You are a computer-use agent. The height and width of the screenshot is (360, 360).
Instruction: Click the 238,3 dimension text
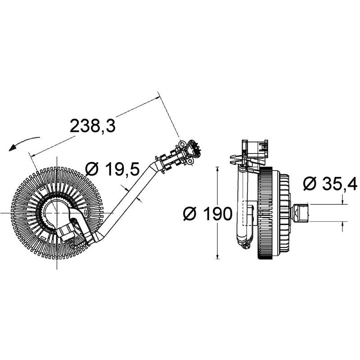[93, 126]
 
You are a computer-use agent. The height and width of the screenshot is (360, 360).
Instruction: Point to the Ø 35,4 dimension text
[330, 183]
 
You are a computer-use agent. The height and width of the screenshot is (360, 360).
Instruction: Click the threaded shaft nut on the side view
[300, 212]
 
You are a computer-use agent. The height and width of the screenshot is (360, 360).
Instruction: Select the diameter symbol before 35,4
[310, 184]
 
